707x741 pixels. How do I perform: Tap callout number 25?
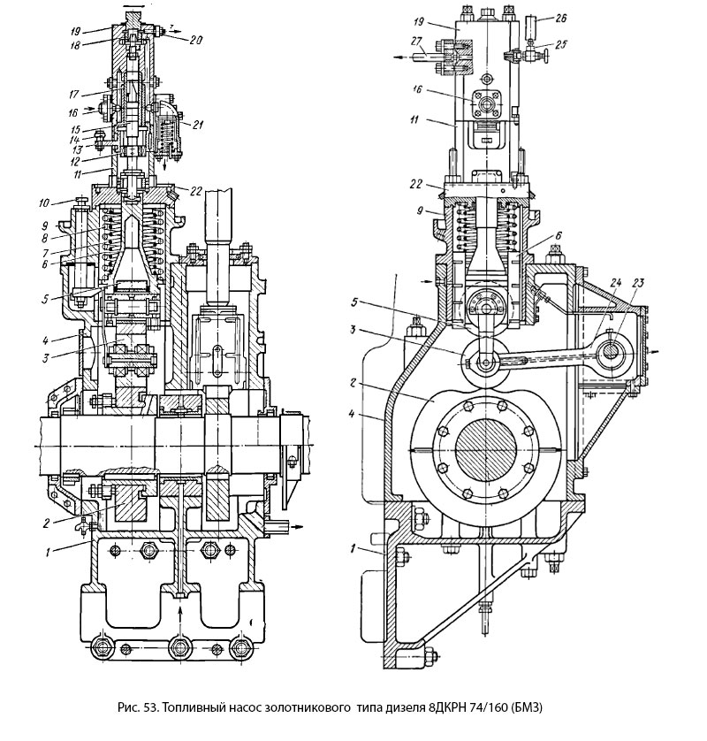[x=563, y=44]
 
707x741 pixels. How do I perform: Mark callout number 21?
[x=198, y=124]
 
